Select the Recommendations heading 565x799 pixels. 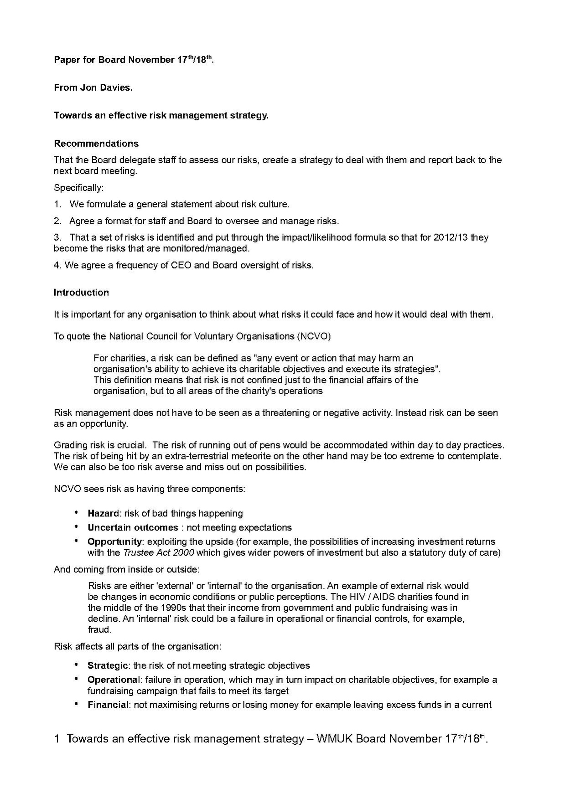point(96,144)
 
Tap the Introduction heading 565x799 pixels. point(81,293)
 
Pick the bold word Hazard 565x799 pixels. point(103,514)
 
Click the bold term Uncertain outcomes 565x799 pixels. point(133,528)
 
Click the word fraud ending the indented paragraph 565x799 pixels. point(99,630)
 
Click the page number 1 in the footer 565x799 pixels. point(57,739)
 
